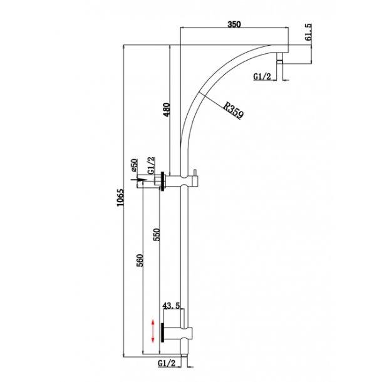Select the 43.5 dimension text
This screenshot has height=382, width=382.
(x=172, y=306)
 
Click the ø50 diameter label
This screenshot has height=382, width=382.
(x=133, y=165)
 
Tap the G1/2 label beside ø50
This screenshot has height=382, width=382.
(x=150, y=165)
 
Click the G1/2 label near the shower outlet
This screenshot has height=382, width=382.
(x=262, y=76)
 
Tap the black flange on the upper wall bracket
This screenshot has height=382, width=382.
(x=163, y=182)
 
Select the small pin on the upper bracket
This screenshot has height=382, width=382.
(x=195, y=175)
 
